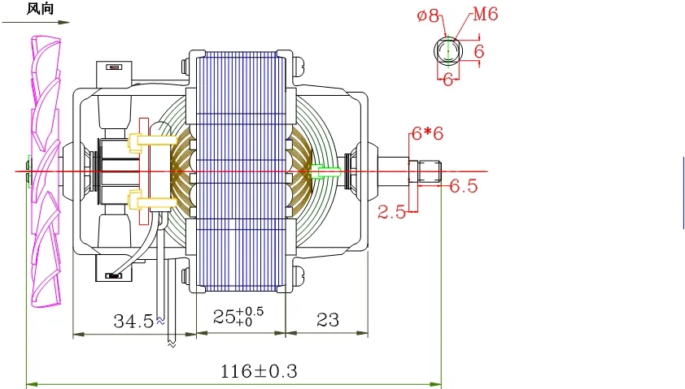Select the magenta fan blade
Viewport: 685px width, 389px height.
click(x=43, y=171)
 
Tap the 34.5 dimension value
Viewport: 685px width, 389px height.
click(x=133, y=321)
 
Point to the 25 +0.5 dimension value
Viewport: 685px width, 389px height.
click(x=237, y=318)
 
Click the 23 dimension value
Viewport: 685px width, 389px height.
click(x=327, y=320)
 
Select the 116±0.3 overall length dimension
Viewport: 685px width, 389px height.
click(x=260, y=372)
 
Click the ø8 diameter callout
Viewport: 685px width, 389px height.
click(x=427, y=15)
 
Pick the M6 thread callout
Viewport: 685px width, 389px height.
click(x=482, y=15)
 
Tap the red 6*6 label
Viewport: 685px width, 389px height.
click(x=427, y=134)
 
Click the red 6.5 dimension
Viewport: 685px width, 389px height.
click(x=463, y=186)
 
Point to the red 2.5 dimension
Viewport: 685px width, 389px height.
click(x=391, y=212)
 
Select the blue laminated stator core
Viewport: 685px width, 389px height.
click(x=240, y=171)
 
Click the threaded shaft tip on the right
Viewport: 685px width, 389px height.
click(x=429, y=171)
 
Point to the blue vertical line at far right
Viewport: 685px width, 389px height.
click(x=683, y=193)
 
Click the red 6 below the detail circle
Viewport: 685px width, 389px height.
click(x=447, y=80)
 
